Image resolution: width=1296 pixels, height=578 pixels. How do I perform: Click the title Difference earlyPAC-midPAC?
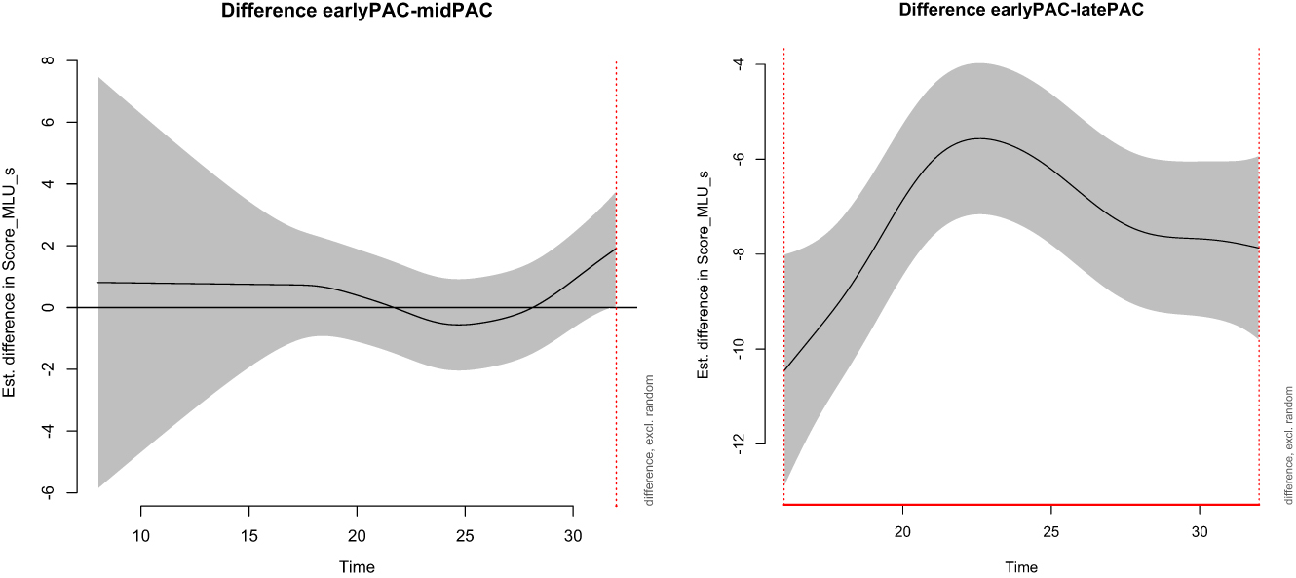click(x=357, y=12)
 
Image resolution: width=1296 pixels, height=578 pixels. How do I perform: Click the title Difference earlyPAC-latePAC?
click(x=1021, y=12)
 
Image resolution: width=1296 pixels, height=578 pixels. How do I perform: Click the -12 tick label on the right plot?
click(x=738, y=443)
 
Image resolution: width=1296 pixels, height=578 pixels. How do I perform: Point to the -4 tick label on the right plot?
click(x=738, y=64)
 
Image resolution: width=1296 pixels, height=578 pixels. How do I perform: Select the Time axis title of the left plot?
click(x=357, y=567)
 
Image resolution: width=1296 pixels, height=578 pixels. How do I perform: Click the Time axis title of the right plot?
click(x=1021, y=567)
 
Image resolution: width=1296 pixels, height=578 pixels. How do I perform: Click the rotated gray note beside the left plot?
click(x=649, y=441)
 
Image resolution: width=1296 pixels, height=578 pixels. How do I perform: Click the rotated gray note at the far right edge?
click(x=1288, y=441)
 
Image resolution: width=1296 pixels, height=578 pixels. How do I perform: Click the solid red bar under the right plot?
click(x=1021, y=505)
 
